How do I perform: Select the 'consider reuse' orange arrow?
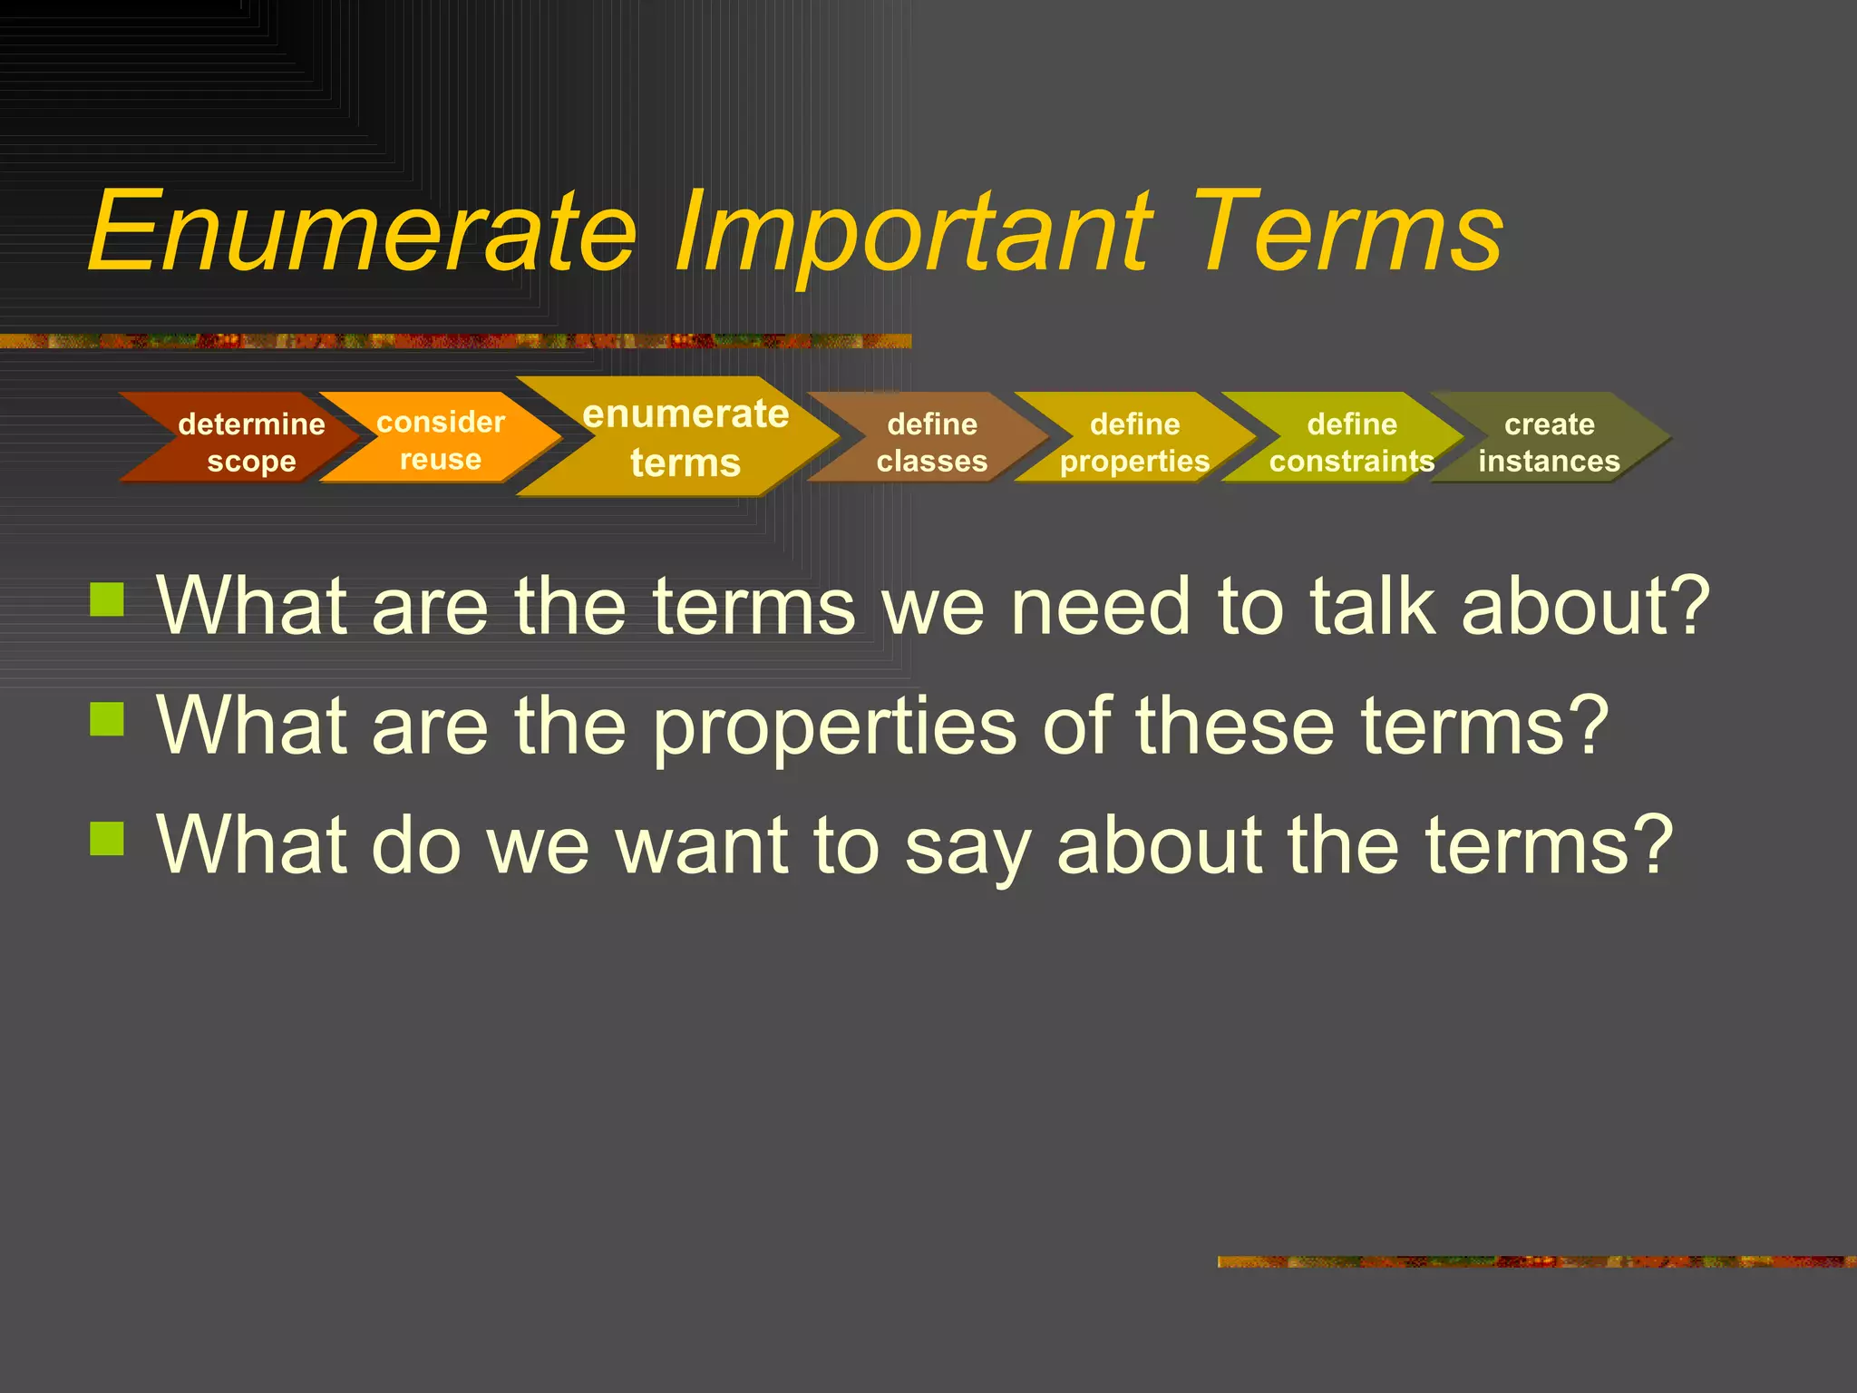tap(441, 440)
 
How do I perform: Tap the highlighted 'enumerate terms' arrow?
tap(685, 437)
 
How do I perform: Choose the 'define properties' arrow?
tap(1134, 442)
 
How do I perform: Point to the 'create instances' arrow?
tap(1549, 442)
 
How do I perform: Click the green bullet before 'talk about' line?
tap(107, 599)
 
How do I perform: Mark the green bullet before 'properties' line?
tap(107, 718)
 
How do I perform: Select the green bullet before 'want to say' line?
tap(107, 838)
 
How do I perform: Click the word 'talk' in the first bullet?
tap(1374, 606)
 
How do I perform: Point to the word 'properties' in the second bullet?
tap(834, 727)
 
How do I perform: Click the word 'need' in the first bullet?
tap(1100, 606)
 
